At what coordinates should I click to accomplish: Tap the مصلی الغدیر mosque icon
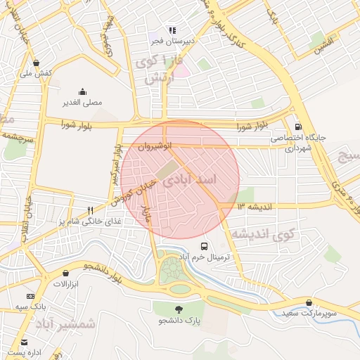(83, 91)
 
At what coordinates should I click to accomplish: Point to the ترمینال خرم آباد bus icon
(204, 246)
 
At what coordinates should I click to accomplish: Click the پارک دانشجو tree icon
(179, 309)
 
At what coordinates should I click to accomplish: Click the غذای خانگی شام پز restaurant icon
(90, 210)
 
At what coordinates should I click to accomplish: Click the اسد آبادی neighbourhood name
(190, 180)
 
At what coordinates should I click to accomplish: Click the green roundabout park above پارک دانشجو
(174, 271)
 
